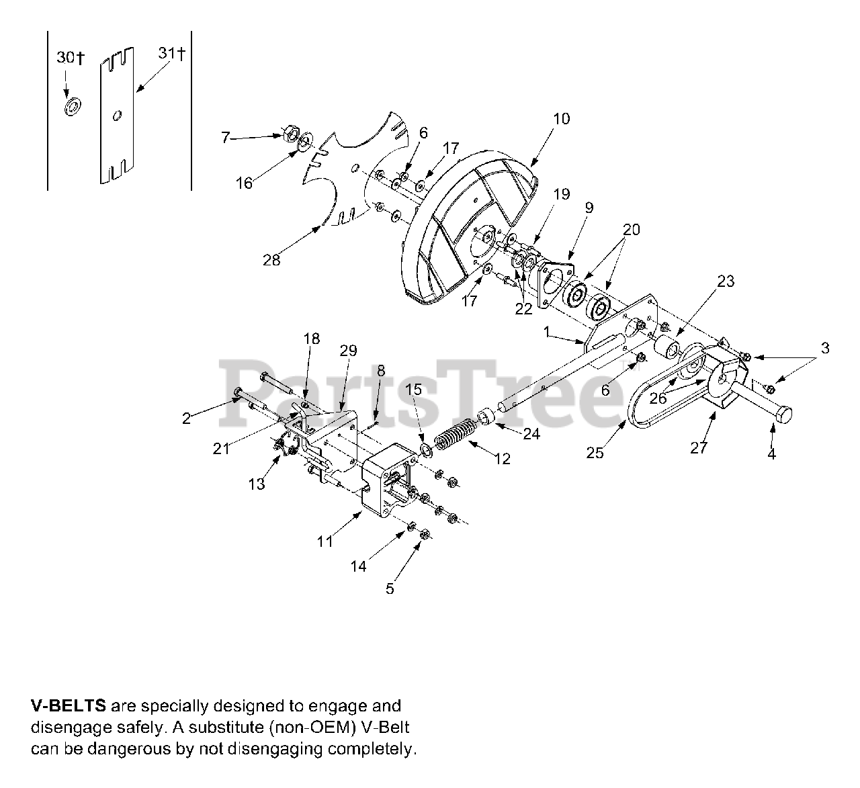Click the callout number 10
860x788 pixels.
pos(561,119)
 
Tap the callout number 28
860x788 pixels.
pos(271,261)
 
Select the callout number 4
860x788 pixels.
pos(771,454)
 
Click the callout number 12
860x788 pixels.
pos(502,459)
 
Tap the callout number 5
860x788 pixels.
pos(390,589)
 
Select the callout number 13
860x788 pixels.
pos(257,484)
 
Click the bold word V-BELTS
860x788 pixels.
pos(68,706)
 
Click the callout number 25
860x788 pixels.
pos(595,453)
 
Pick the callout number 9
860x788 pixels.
pos(589,208)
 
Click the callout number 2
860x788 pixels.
pos(186,419)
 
